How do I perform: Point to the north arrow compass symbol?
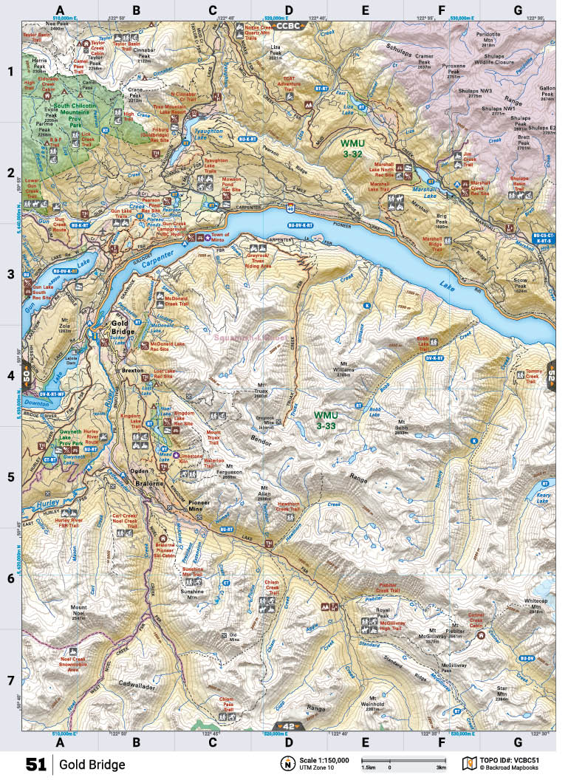pos(286,763)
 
